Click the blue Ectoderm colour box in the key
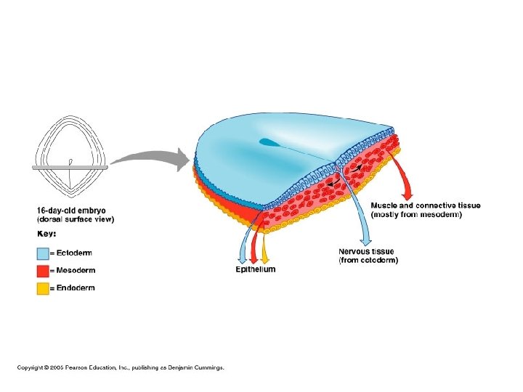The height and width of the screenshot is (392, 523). point(43,253)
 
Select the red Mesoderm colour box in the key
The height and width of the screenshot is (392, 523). point(43,271)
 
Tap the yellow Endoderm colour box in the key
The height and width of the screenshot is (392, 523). point(43,288)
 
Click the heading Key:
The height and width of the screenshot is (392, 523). point(47,234)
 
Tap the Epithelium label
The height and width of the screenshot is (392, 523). point(256,269)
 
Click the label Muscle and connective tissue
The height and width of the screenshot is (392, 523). point(425,205)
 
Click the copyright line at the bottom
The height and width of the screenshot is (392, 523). point(121,367)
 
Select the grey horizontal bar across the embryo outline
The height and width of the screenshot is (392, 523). point(70,167)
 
